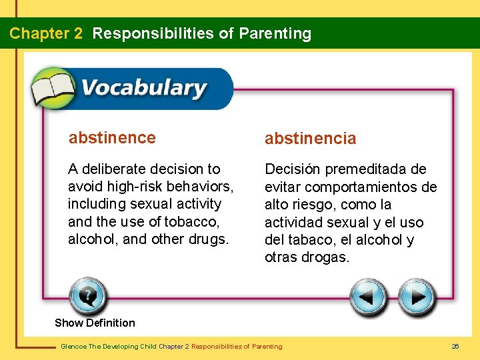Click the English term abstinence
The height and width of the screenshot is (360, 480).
pyautogui.click(x=112, y=138)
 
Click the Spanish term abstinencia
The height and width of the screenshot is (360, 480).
pyautogui.click(x=310, y=139)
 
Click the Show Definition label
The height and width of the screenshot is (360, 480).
pyautogui.click(x=95, y=323)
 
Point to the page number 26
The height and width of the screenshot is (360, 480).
pyautogui.click(x=455, y=346)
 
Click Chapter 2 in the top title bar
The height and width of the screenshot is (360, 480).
pyautogui.click(x=46, y=33)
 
